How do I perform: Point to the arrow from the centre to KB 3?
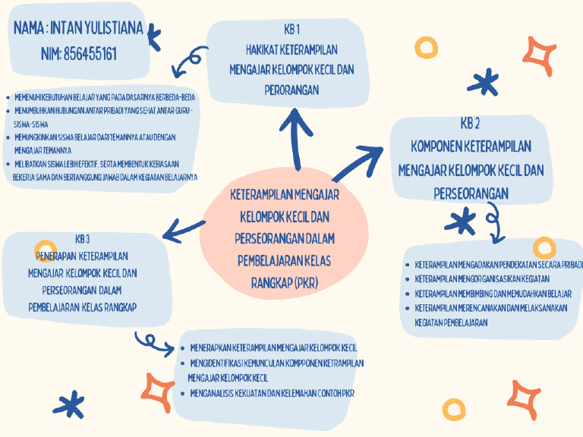182,228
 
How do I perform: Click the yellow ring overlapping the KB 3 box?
46,250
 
